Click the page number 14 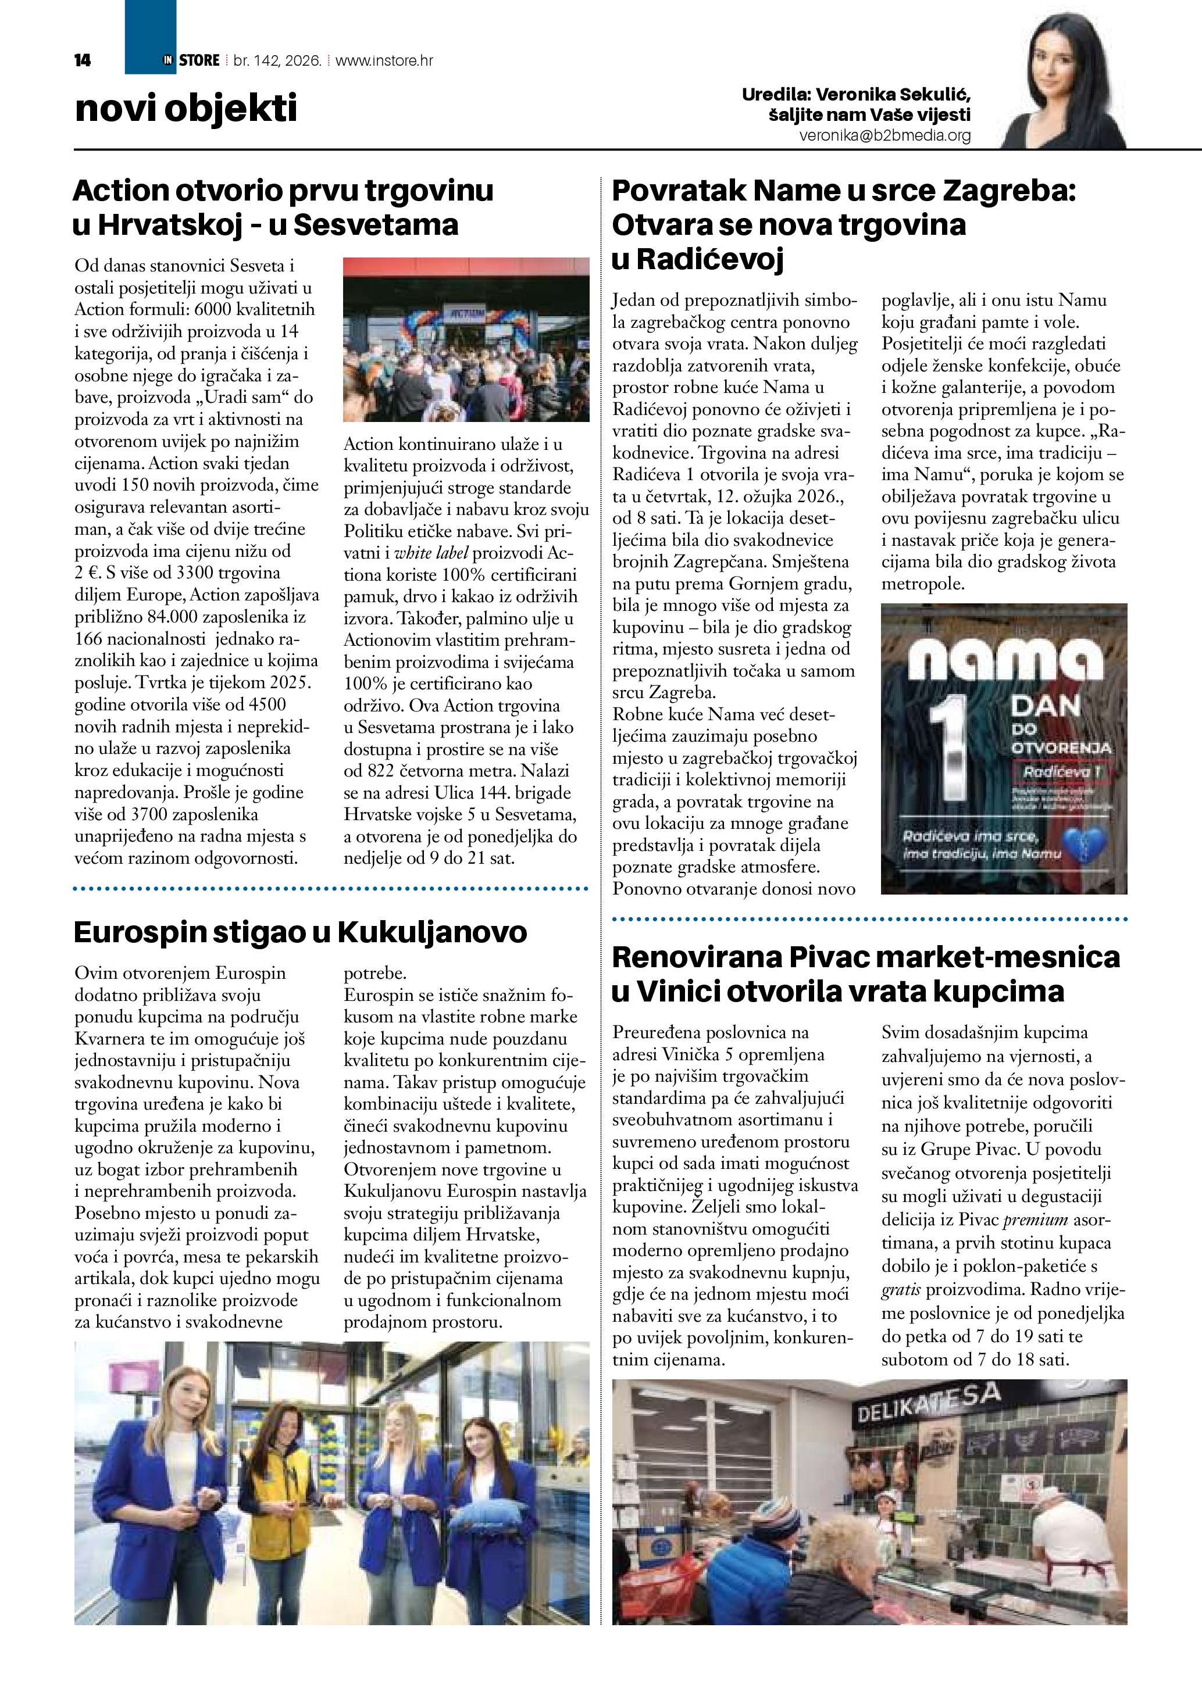[x=82, y=60]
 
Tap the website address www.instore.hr [x=384, y=60]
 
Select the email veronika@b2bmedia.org [x=884, y=135]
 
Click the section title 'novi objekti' [x=186, y=108]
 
